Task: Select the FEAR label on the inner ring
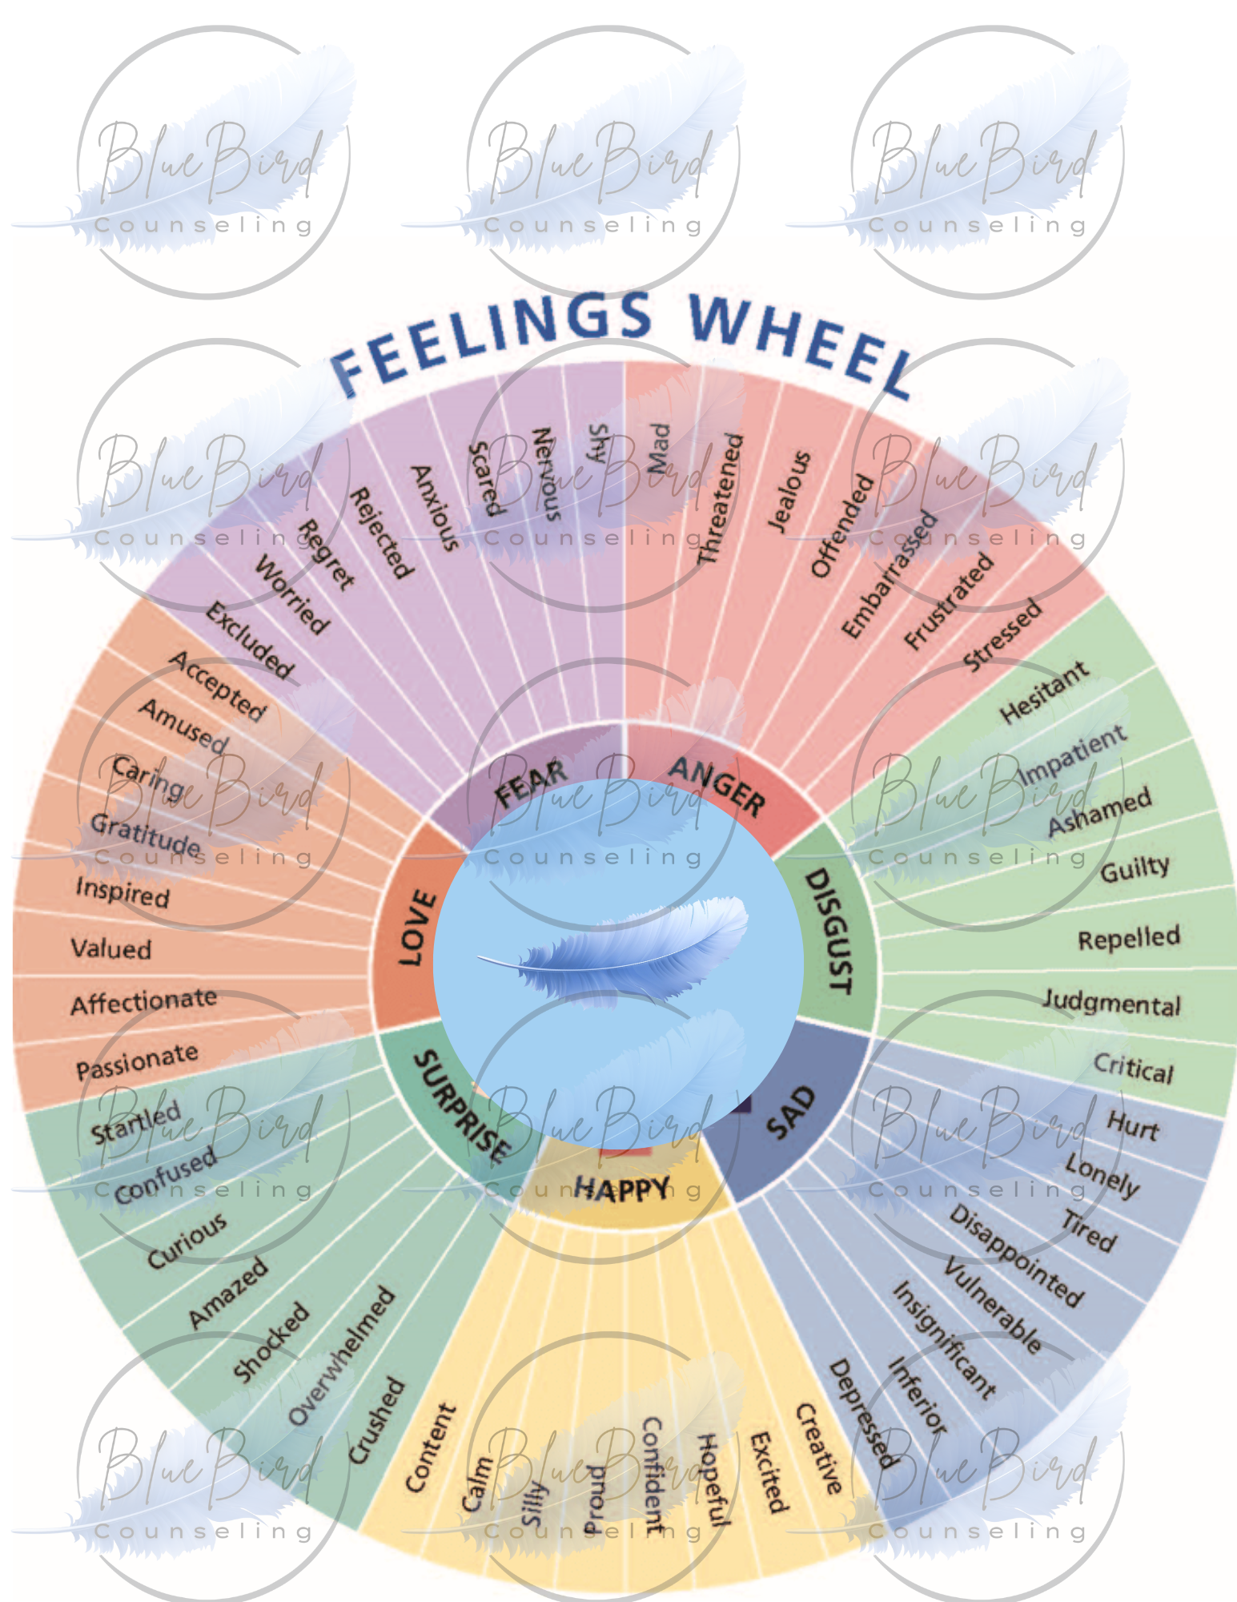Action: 531,783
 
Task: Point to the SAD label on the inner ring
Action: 790,1112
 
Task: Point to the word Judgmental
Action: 1111,1003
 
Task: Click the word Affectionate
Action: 143,1001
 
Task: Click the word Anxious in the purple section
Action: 435,508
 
